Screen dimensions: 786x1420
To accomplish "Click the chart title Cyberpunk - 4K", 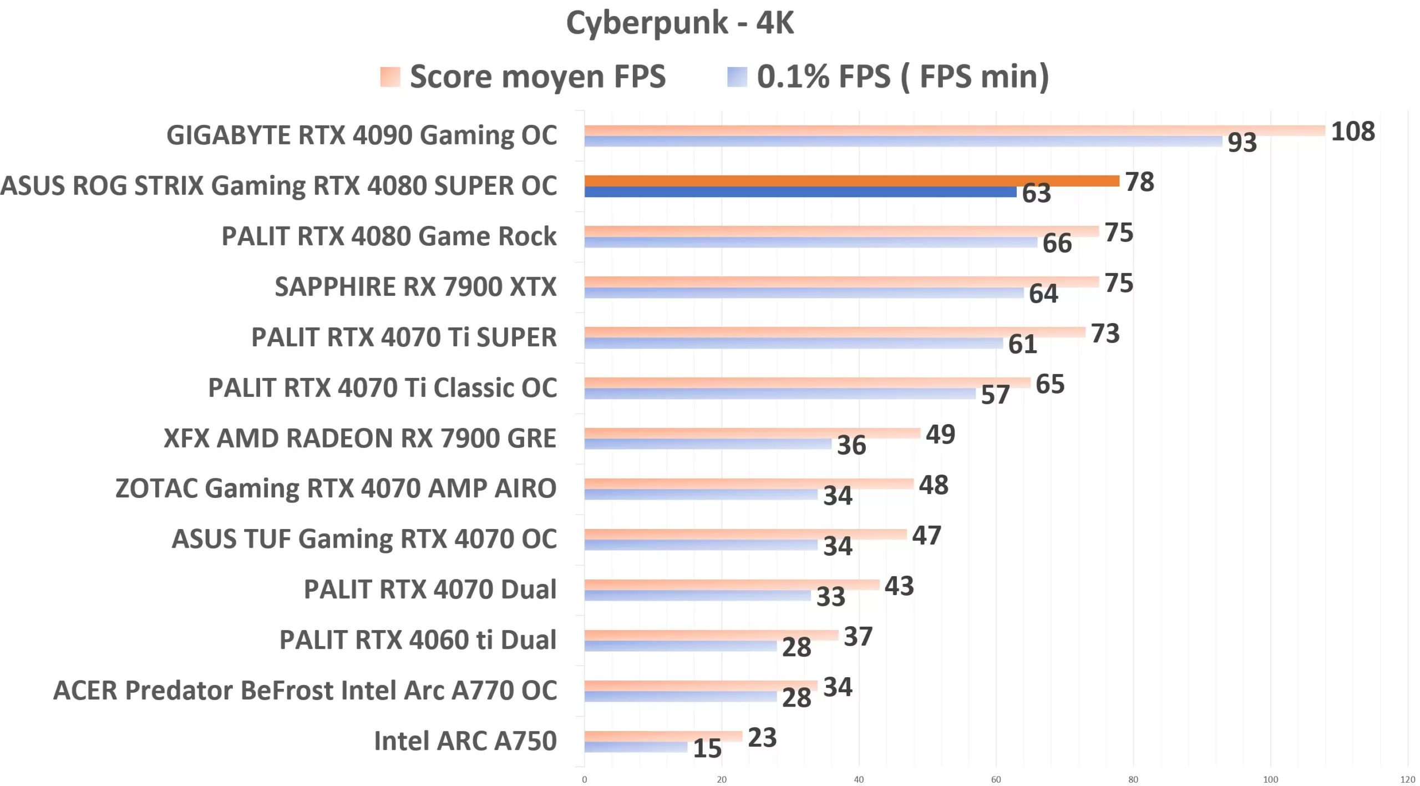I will (680, 23).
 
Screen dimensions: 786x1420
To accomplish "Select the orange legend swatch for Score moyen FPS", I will (390, 77).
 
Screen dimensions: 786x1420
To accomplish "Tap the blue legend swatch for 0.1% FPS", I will (737, 77).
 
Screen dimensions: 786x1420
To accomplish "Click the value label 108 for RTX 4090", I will (1352, 132).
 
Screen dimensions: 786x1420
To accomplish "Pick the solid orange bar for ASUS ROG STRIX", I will (851, 181).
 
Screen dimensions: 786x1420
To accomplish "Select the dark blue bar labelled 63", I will (800, 192).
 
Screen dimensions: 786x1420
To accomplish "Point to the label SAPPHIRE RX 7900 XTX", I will (415, 287).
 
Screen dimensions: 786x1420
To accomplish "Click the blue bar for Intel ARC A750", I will (636, 747).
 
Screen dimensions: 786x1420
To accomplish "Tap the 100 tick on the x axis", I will (1270, 779).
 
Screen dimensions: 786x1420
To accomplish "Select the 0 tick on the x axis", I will (584, 779).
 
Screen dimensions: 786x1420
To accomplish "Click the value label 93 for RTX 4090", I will (1242, 143).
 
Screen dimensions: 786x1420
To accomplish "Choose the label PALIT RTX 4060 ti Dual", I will (418, 640).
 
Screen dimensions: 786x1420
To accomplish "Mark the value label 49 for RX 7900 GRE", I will (940, 434).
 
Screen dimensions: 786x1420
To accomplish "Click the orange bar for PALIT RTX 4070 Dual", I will (732, 585).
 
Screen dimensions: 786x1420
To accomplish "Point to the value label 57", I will (995, 395).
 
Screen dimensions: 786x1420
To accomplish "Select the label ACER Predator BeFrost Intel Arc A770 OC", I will (305, 691).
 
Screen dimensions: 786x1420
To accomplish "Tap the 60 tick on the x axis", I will (996, 779).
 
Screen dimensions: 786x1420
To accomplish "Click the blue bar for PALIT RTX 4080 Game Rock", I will (810, 243).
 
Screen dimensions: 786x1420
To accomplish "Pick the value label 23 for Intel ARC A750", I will (762, 738).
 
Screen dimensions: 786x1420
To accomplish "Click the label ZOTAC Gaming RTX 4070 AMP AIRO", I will (336, 488).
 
